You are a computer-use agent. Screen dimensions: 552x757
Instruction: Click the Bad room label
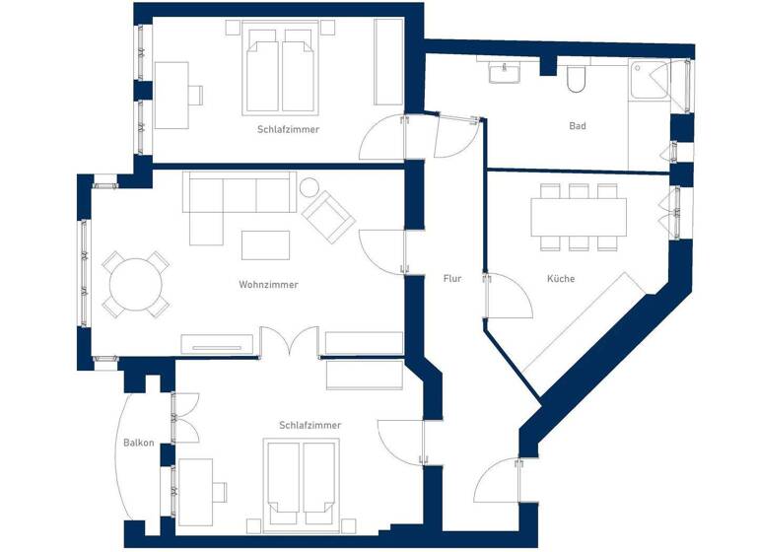[578, 126]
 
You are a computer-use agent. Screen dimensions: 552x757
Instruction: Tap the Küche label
[561, 279]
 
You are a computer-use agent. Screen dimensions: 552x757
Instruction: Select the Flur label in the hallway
[451, 279]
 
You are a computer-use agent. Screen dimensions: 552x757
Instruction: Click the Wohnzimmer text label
[268, 285]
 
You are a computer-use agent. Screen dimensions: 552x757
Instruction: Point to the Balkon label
[138, 443]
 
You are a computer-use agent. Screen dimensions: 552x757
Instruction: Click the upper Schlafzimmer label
[288, 129]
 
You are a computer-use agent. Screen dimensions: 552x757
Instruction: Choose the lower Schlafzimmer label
[310, 425]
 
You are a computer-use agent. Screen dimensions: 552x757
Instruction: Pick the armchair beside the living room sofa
[328, 214]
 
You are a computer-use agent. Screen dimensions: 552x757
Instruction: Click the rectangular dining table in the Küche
[579, 217]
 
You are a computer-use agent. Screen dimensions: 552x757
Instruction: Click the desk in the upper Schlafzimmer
[172, 95]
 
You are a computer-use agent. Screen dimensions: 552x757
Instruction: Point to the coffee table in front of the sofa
[266, 244]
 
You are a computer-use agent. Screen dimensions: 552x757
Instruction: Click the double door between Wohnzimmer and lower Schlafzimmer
[290, 344]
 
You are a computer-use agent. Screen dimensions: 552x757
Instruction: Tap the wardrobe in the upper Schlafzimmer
[389, 61]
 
